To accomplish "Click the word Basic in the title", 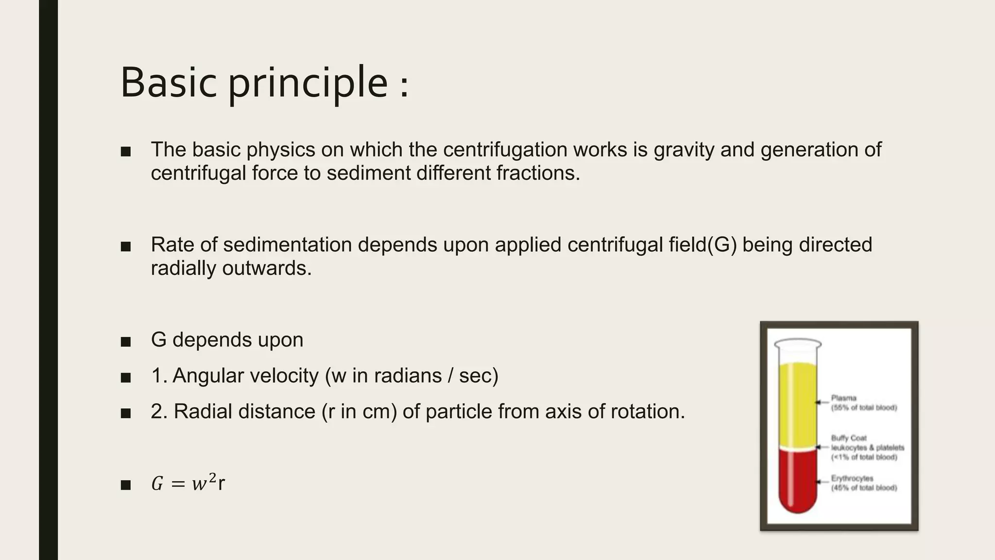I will coord(168,82).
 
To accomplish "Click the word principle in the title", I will coord(308,84).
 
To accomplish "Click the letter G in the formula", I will coord(157,484).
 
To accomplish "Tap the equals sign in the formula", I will coord(178,484).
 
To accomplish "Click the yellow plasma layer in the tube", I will coord(797,403).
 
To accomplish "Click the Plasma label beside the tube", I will coord(843,398).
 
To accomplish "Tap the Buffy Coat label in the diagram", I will coord(849,438).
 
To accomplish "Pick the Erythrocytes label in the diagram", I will coord(852,478).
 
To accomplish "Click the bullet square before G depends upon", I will coord(126,342).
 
